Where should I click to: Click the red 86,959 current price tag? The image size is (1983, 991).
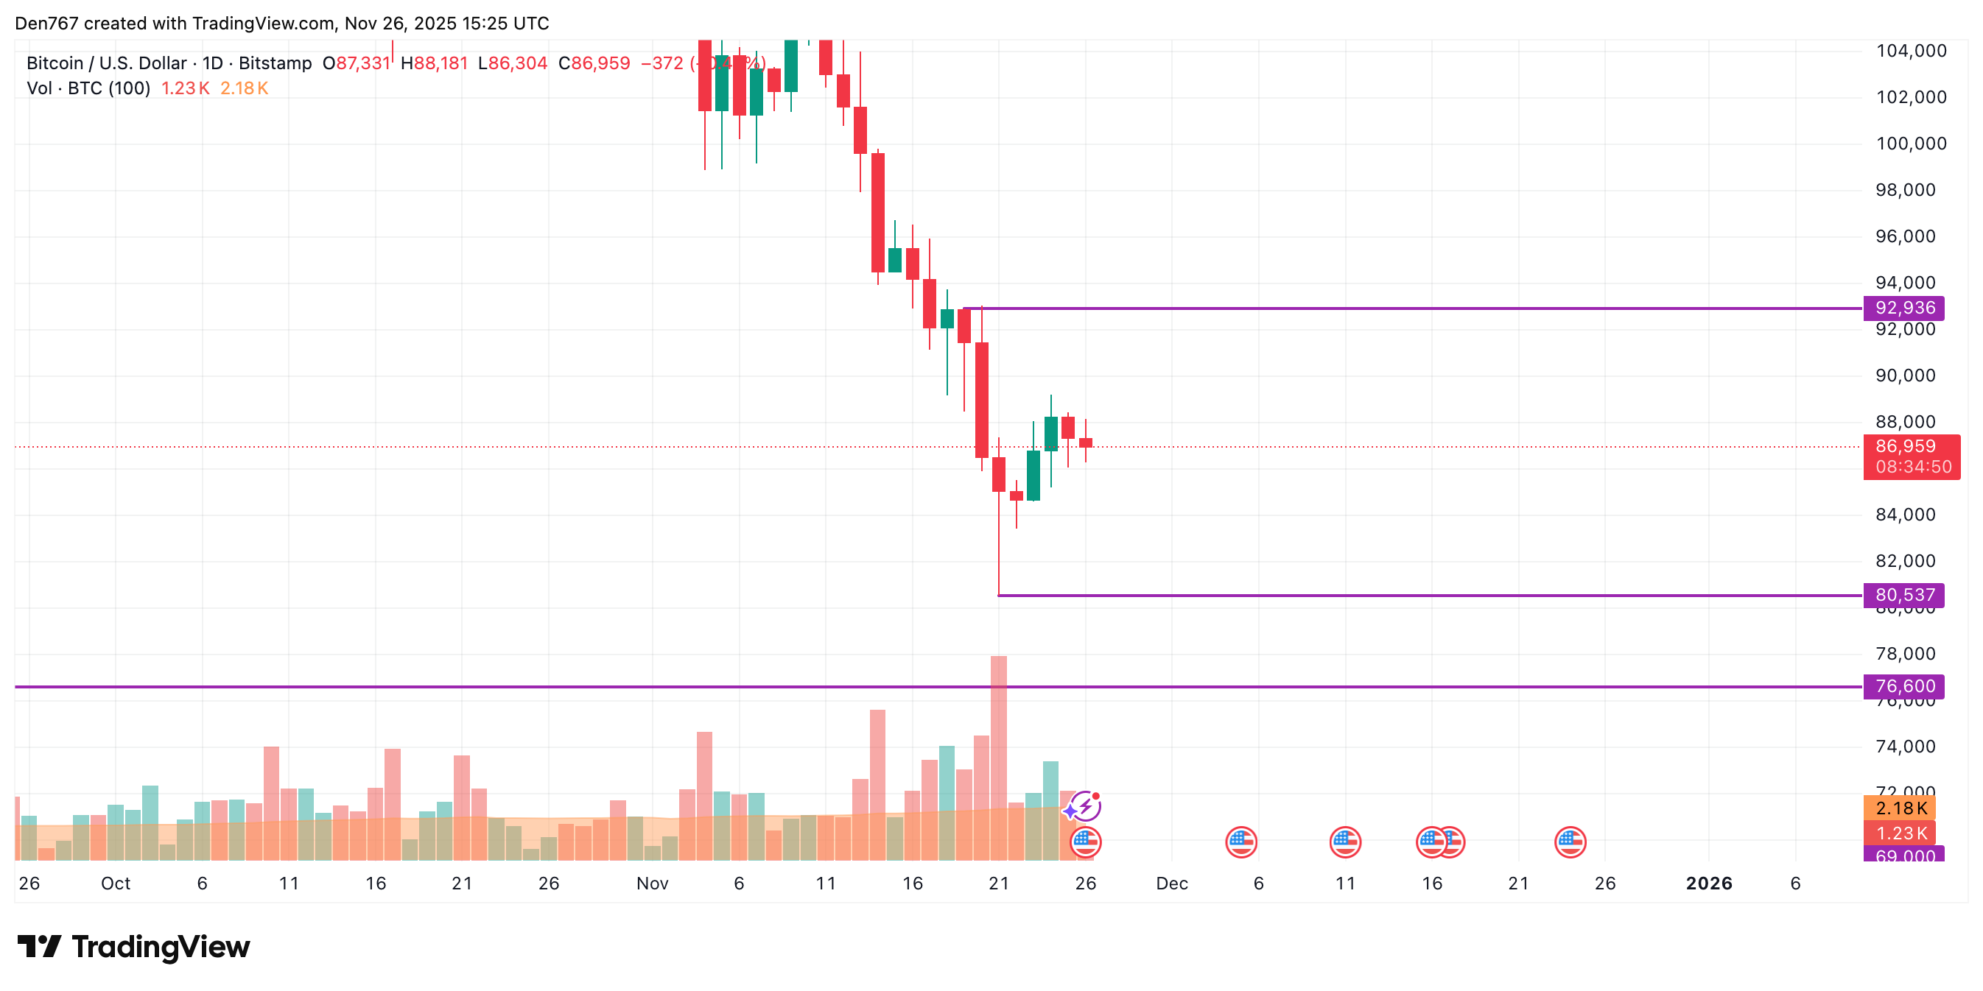[x=1911, y=447]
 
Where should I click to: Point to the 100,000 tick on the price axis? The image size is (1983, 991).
[x=1911, y=144]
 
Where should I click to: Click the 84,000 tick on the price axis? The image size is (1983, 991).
[x=1904, y=515]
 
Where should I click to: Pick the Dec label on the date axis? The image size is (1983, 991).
[x=1172, y=884]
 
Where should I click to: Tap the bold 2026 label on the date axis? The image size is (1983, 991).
[x=1708, y=884]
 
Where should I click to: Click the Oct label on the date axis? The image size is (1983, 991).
[x=116, y=884]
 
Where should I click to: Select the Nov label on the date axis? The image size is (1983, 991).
[x=652, y=884]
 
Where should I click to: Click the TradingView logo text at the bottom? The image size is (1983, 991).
[x=160, y=946]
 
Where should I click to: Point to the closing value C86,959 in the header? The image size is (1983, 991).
[x=594, y=63]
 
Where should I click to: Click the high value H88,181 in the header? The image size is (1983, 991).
[x=434, y=63]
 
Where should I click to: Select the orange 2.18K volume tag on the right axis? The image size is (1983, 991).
[x=1899, y=808]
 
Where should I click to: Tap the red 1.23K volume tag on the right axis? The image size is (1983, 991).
[x=1899, y=833]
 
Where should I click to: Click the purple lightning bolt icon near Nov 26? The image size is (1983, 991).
[x=1084, y=806]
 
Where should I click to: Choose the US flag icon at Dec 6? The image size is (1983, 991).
[x=1241, y=842]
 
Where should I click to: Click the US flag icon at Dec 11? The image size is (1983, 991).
[x=1345, y=842]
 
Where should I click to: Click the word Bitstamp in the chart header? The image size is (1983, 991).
[x=275, y=63]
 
